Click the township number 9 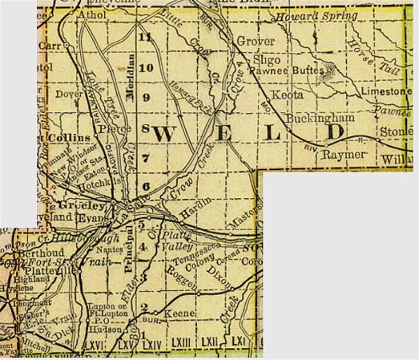pyautogui.click(x=146, y=98)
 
